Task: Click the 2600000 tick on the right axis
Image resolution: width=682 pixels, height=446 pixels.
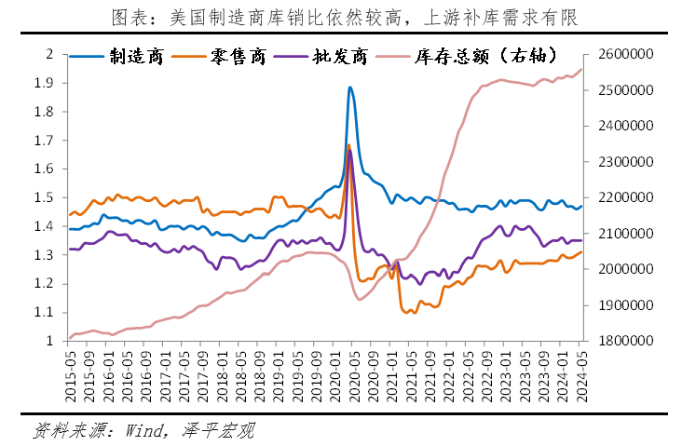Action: pos(623,54)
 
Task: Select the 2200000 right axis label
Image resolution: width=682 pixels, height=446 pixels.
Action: pos(623,197)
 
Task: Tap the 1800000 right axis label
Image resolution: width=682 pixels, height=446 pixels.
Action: pos(623,341)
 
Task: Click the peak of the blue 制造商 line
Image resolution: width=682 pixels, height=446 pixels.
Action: pos(349,88)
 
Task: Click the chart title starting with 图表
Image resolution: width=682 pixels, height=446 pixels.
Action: pos(340,16)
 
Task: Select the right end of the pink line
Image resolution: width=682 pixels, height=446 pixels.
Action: pos(582,69)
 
